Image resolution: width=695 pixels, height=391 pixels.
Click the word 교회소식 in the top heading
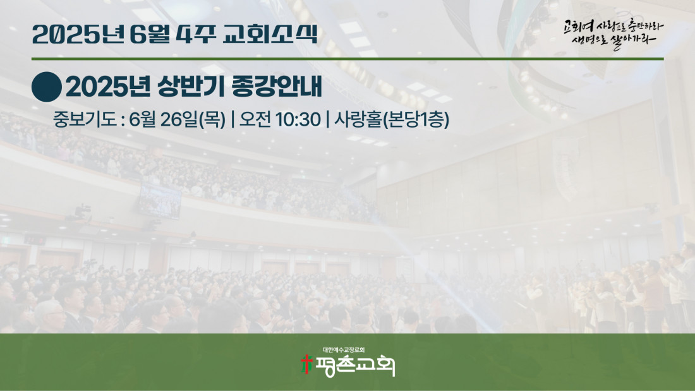click(x=270, y=34)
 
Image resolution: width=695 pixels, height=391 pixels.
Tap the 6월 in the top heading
click(x=150, y=34)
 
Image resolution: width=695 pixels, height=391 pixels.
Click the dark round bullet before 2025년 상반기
click(x=47, y=87)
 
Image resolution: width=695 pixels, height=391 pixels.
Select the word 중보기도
click(x=84, y=119)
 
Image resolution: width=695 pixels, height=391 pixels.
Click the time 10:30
click(x=298, y=119)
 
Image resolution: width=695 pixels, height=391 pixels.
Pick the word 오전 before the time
click(x=255, y=119)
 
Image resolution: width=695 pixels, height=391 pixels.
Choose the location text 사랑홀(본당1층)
click(x=391, y=119)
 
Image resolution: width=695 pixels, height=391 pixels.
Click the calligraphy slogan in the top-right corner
click(x=613, y=34)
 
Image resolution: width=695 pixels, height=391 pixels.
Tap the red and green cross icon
click(x=306, y=364)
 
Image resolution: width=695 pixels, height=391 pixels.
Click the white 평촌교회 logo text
click(x=354, y=366)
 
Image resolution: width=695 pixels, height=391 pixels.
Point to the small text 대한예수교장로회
click(x=344, y=350)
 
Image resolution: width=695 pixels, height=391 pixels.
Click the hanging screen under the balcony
click(x=160, y=201)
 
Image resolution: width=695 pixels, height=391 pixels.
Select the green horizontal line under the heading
click(x=347, y=59)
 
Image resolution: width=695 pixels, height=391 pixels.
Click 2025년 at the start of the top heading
click(x=78, y=34)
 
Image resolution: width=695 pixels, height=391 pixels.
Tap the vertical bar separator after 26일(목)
click(x=233, y=119)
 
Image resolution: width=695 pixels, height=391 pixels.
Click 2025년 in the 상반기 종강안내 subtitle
click(x=108, y=87)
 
